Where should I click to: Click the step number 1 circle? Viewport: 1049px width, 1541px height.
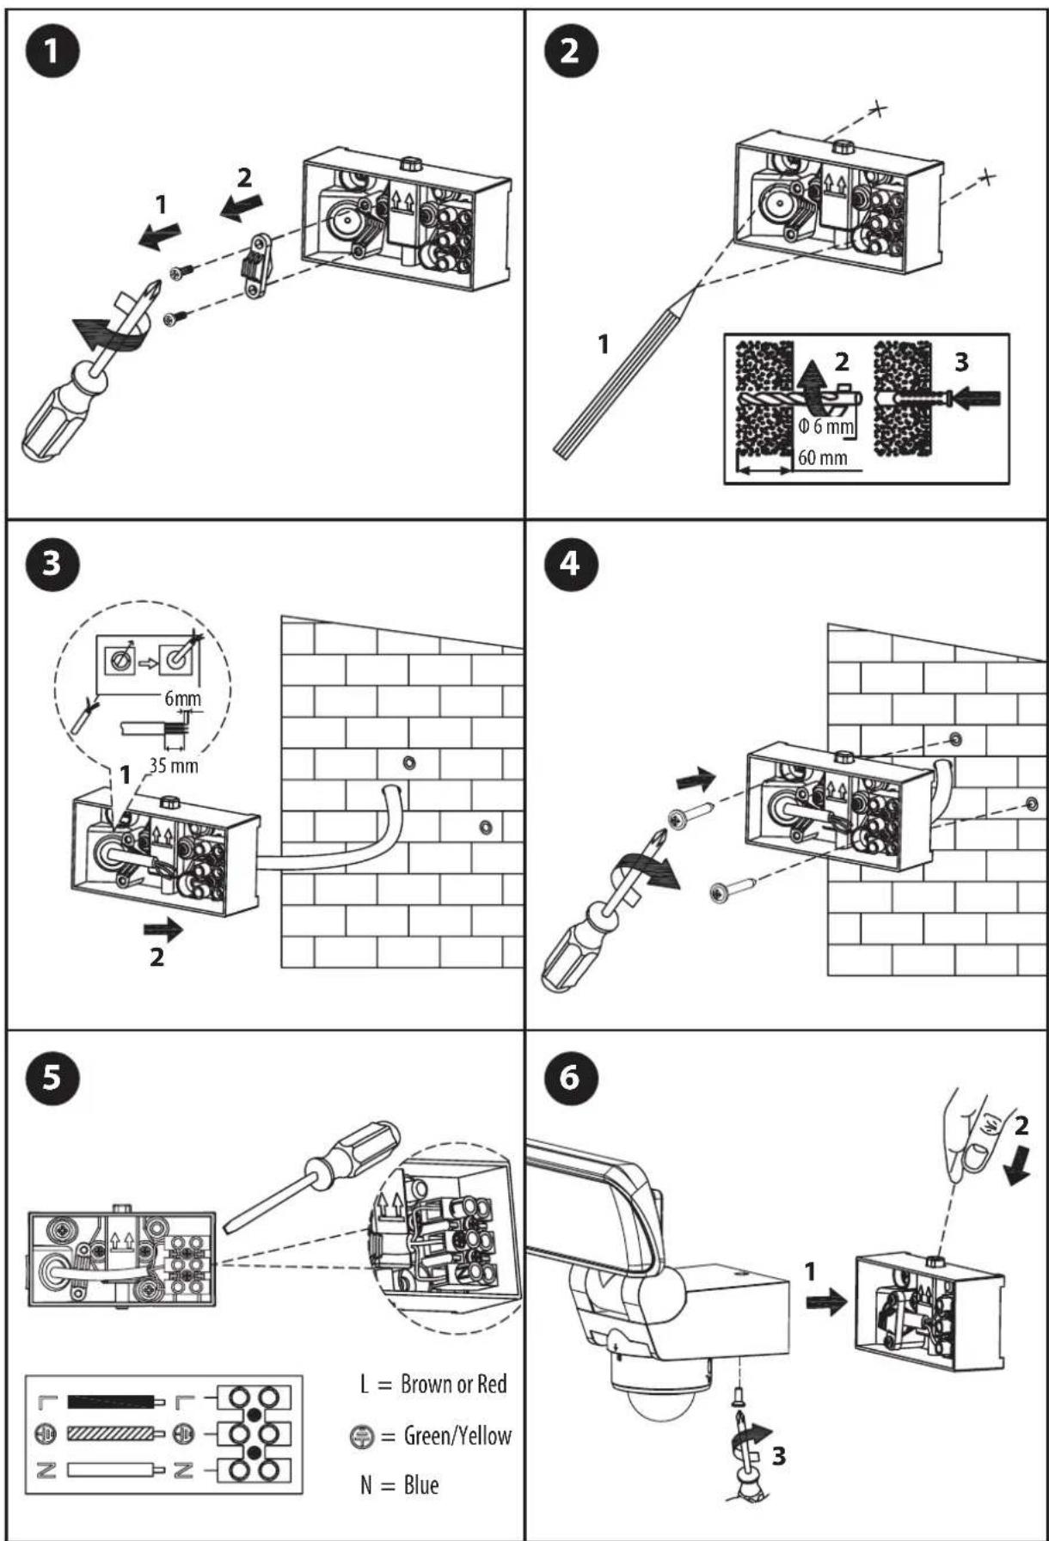52,52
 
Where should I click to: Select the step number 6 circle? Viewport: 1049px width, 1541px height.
569,1076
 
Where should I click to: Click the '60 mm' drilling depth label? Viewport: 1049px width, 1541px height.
821,457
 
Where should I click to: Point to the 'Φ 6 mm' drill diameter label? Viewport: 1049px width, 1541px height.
826,425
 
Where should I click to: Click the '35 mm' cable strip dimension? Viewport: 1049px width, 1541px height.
173,764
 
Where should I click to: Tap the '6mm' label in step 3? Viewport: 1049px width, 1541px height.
183,698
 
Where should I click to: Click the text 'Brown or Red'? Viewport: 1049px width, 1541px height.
453,1385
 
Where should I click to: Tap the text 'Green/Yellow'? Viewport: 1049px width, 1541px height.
457,1435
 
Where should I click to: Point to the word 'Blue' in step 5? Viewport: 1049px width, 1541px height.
420,1485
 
